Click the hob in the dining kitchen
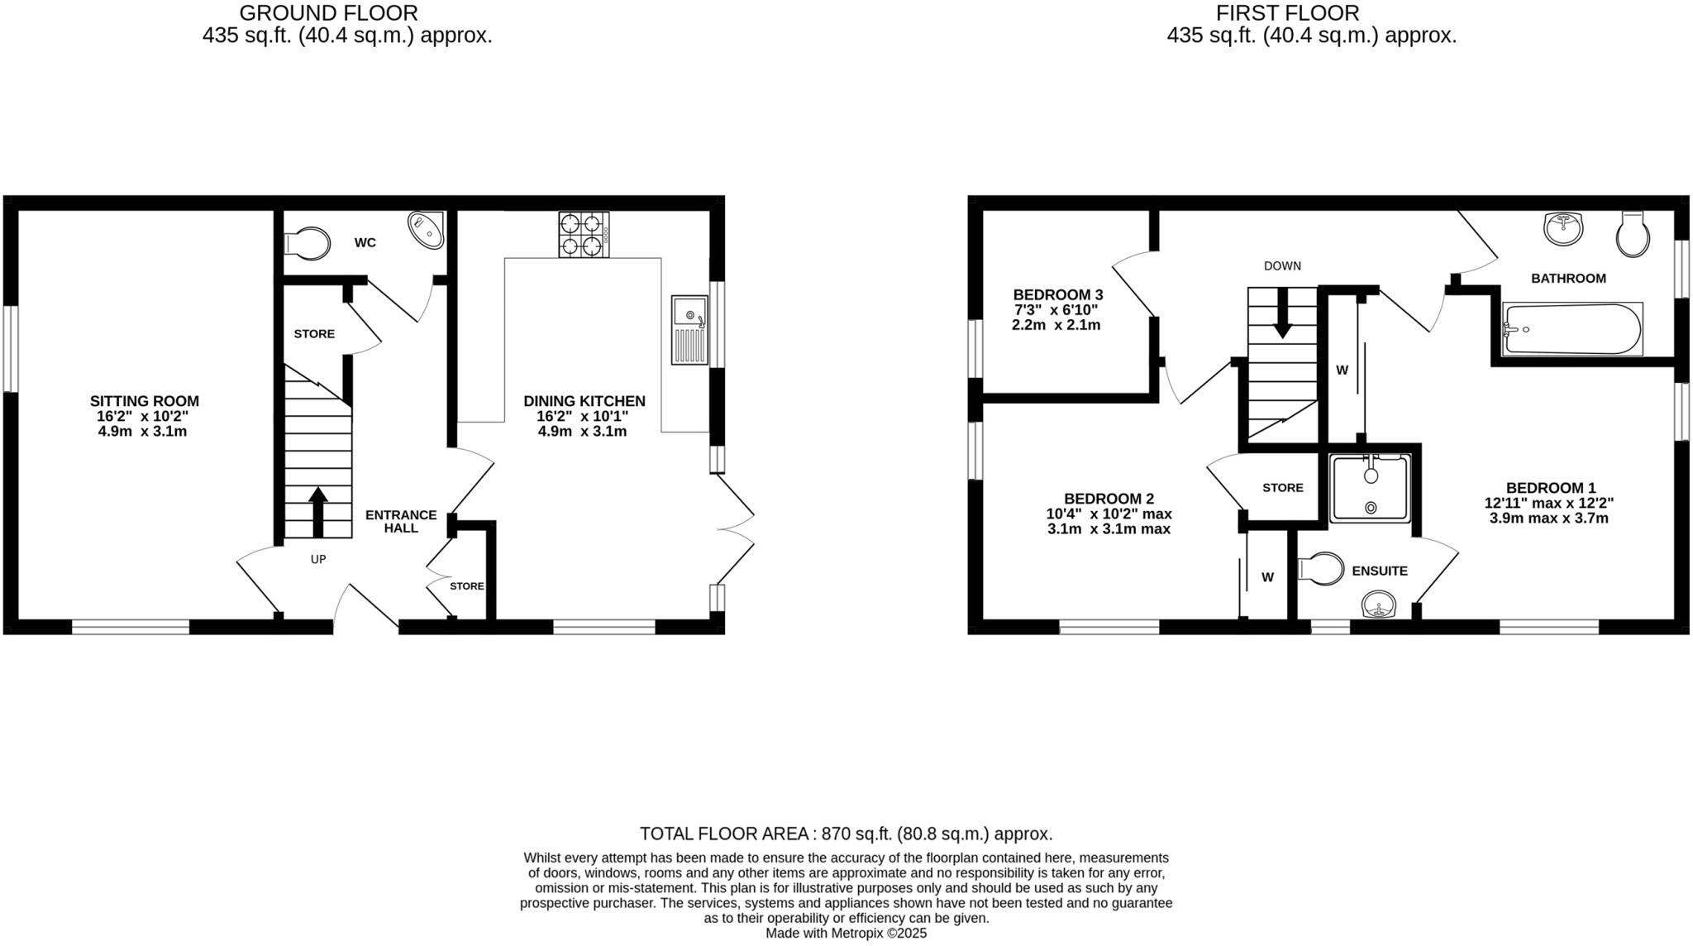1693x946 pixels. pyautogui.click(x=584, y=234)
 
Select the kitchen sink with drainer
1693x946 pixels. pyautogui.click(x=690, y=330)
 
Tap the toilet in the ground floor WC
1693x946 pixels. pyautogui.click(x=304, y=243)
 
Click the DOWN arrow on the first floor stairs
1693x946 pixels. pyautogui.click(x=1282, y=313)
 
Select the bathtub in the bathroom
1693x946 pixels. pyautogui.click(x=1571, y=329)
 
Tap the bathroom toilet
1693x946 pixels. pyautogui.click(x=1633, y=234)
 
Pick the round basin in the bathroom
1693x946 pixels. pyautogui.click(x=1563, y=228)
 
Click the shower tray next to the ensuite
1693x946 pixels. pyautogui.click(x=1371, y=489)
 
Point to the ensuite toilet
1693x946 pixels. pyautogui.click(x=1321, y=569)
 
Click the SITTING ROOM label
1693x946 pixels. pyautogui.click(x=145, y=401)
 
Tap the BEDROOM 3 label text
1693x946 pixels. pyautogui.click(x=1057, y=294)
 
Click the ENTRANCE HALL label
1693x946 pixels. pyautogui.click(x=401, y=521)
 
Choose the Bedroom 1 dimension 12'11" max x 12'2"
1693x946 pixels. pyautogui.click(x=1549, y=503)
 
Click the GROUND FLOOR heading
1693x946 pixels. pyautogui.click(x=328, y=13)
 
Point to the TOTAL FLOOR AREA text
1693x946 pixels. pyautogui.click(x=846, y=834)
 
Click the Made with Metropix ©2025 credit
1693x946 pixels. pyautogui.click(x=846, y=934)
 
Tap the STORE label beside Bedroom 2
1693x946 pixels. pyautogui.click(x=1282, y=488)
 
